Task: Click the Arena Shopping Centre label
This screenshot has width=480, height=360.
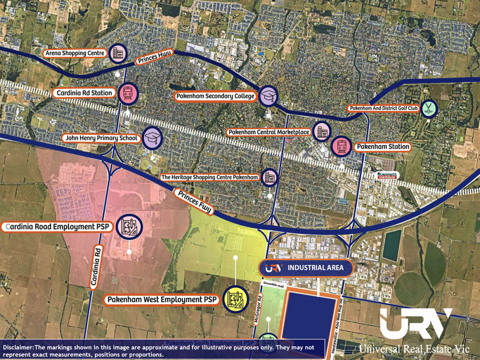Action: [74, 53]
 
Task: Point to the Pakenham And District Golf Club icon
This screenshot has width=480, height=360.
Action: [428, 108]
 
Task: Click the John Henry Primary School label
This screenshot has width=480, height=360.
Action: [101, 138]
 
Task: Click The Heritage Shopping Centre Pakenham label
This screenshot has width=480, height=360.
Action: [210, 177]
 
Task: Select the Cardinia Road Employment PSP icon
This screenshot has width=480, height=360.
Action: [130, 226]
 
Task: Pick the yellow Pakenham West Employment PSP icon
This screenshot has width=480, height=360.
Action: [235, 300]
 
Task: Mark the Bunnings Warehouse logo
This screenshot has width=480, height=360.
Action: [388, 175]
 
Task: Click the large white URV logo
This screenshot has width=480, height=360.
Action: [415, 325]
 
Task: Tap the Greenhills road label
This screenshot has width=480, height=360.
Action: [275, 284]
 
